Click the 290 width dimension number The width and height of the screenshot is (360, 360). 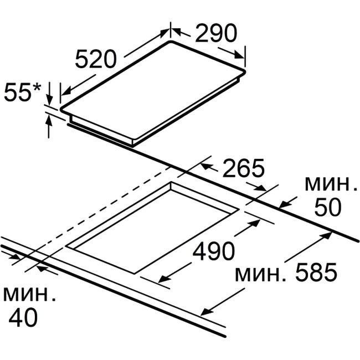point(215,33)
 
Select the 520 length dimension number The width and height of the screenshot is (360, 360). point(96,59)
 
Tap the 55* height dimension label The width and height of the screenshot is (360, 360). point(23,91)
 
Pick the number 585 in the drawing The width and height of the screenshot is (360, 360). point(316,272)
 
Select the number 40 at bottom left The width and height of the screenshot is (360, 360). point(23,318)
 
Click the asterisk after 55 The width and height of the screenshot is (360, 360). point(37,88)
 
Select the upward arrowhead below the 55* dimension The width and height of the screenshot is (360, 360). point(48,120)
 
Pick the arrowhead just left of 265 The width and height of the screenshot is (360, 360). point(206,166)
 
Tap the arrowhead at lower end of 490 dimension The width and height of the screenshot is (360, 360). point(163,279)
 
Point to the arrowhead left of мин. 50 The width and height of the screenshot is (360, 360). point(284,204)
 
